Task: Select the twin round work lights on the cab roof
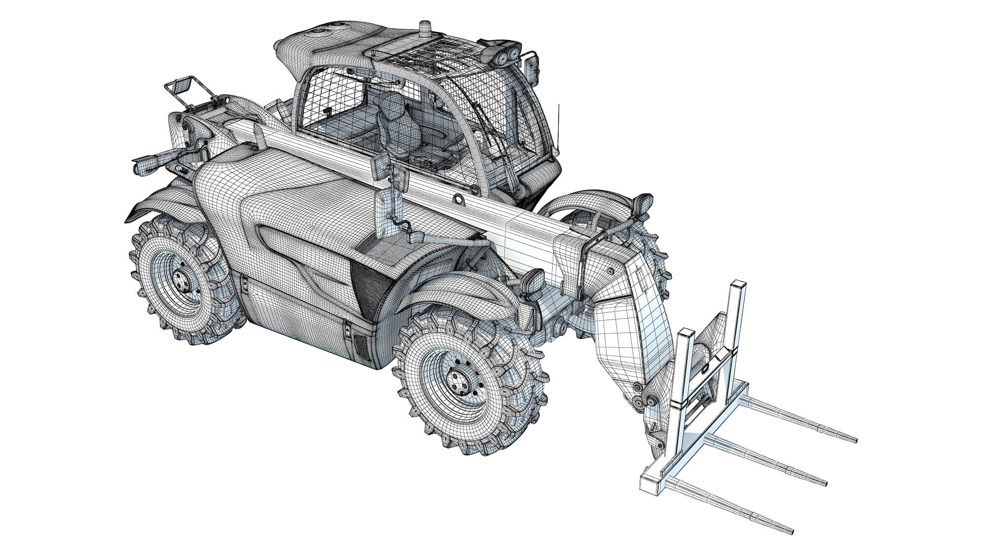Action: (x=507, y=57)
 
